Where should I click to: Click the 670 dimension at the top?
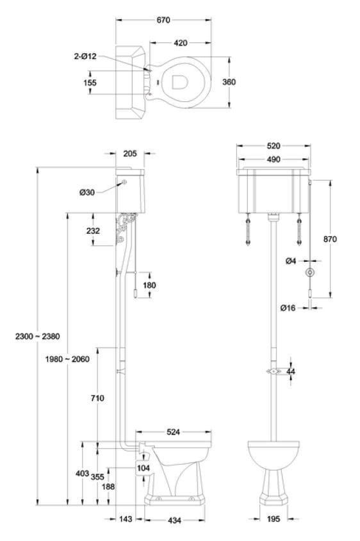[x=163, y=20]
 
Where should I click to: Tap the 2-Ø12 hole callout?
[x=85, y=56]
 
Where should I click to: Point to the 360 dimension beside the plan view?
[x=238, y=81]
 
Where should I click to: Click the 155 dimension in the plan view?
[x=90, y=82]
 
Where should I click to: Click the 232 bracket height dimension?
[x=92, y=230]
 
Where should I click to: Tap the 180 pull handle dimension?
[x=149, y=285]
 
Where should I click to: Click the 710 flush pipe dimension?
[x=97, y=398]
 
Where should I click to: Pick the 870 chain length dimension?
[x=330, y=239]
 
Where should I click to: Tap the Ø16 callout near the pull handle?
[x=288, y=308]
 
